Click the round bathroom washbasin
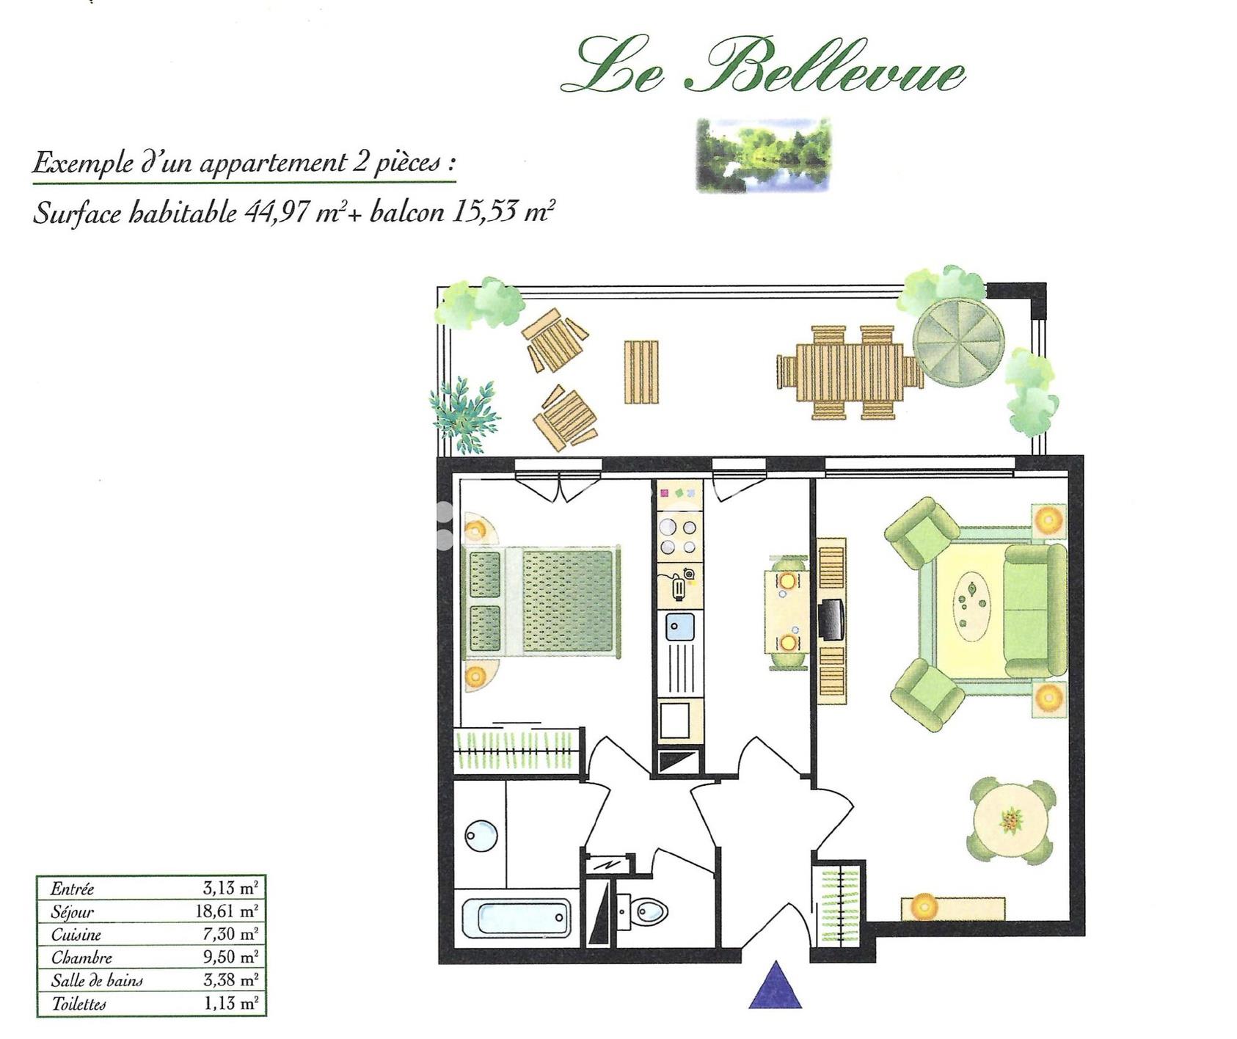click(x=481, y=835)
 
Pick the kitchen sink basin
click(x=677, y=627)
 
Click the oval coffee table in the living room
click(x=973, y=602)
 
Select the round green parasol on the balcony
click(x=958, y=340)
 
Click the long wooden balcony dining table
click(x=850, y=372)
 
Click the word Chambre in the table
click(x=81, y=958)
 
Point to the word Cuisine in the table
click(x=76, y=935)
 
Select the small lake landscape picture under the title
click(x=763, y=155)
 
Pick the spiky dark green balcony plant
click(x=463, y=413)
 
